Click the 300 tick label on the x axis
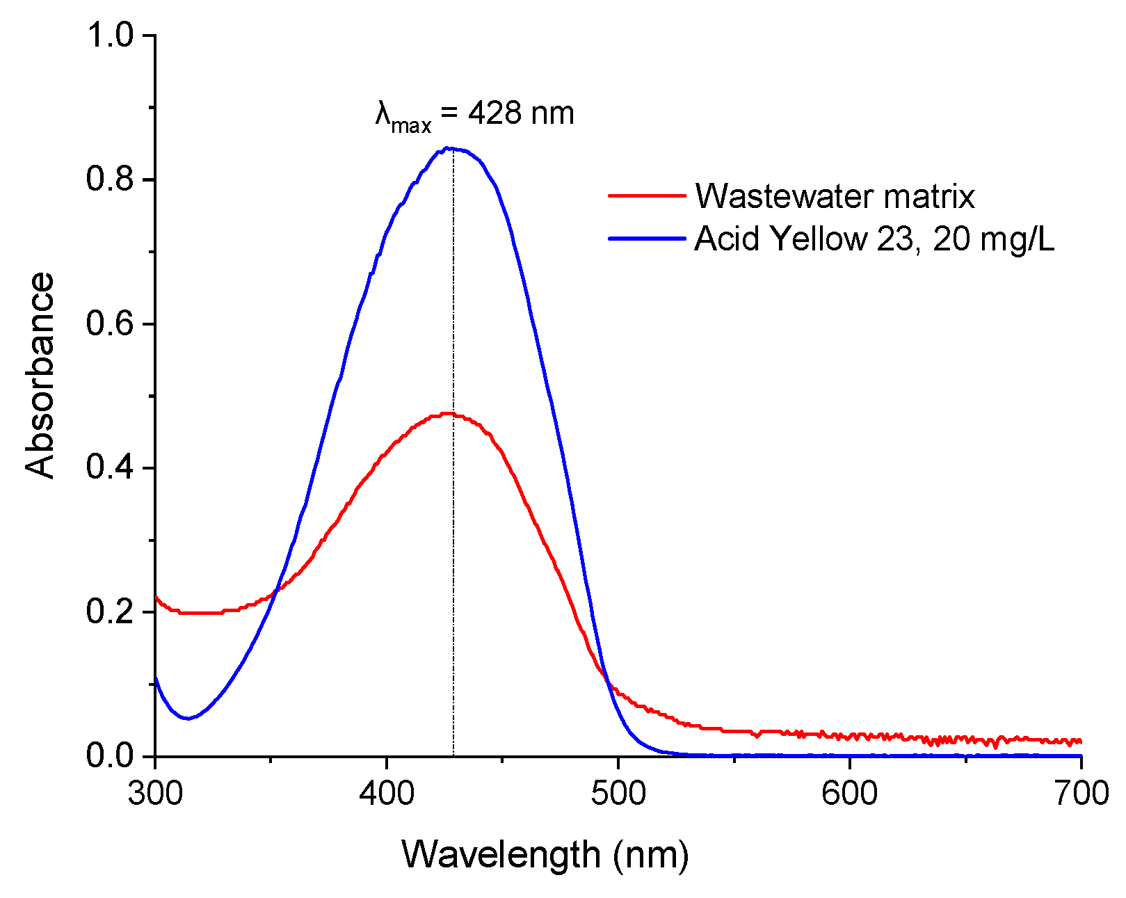(x=155, y=794)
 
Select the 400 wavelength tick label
(x=387, y=794)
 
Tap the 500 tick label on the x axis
(x=618, y=794)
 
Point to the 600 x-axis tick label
(x=850, y=794)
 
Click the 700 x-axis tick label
(x=1081, y=794)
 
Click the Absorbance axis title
(x=40, y=375)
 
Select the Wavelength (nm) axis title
(x=545, y=855)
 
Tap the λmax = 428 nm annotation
(x=475, y=115)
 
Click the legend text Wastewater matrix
(x=835, y=197)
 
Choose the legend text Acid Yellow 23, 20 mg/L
(x=874, y=240)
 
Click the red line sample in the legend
(x=647, y=195)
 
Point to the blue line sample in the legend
(x=647, y=239)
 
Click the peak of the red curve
(x=449, y=414)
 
